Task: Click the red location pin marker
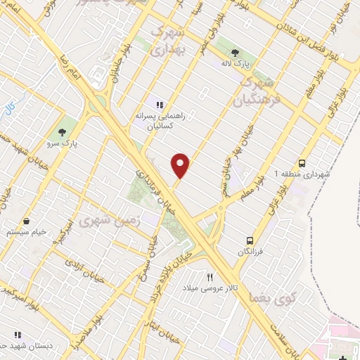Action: click(x=181, y=165)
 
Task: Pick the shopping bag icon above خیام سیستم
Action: click(x=26, y=221)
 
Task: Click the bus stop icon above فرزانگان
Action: click(x=248, y=240)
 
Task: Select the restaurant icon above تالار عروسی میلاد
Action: click(x=209, y=277)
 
